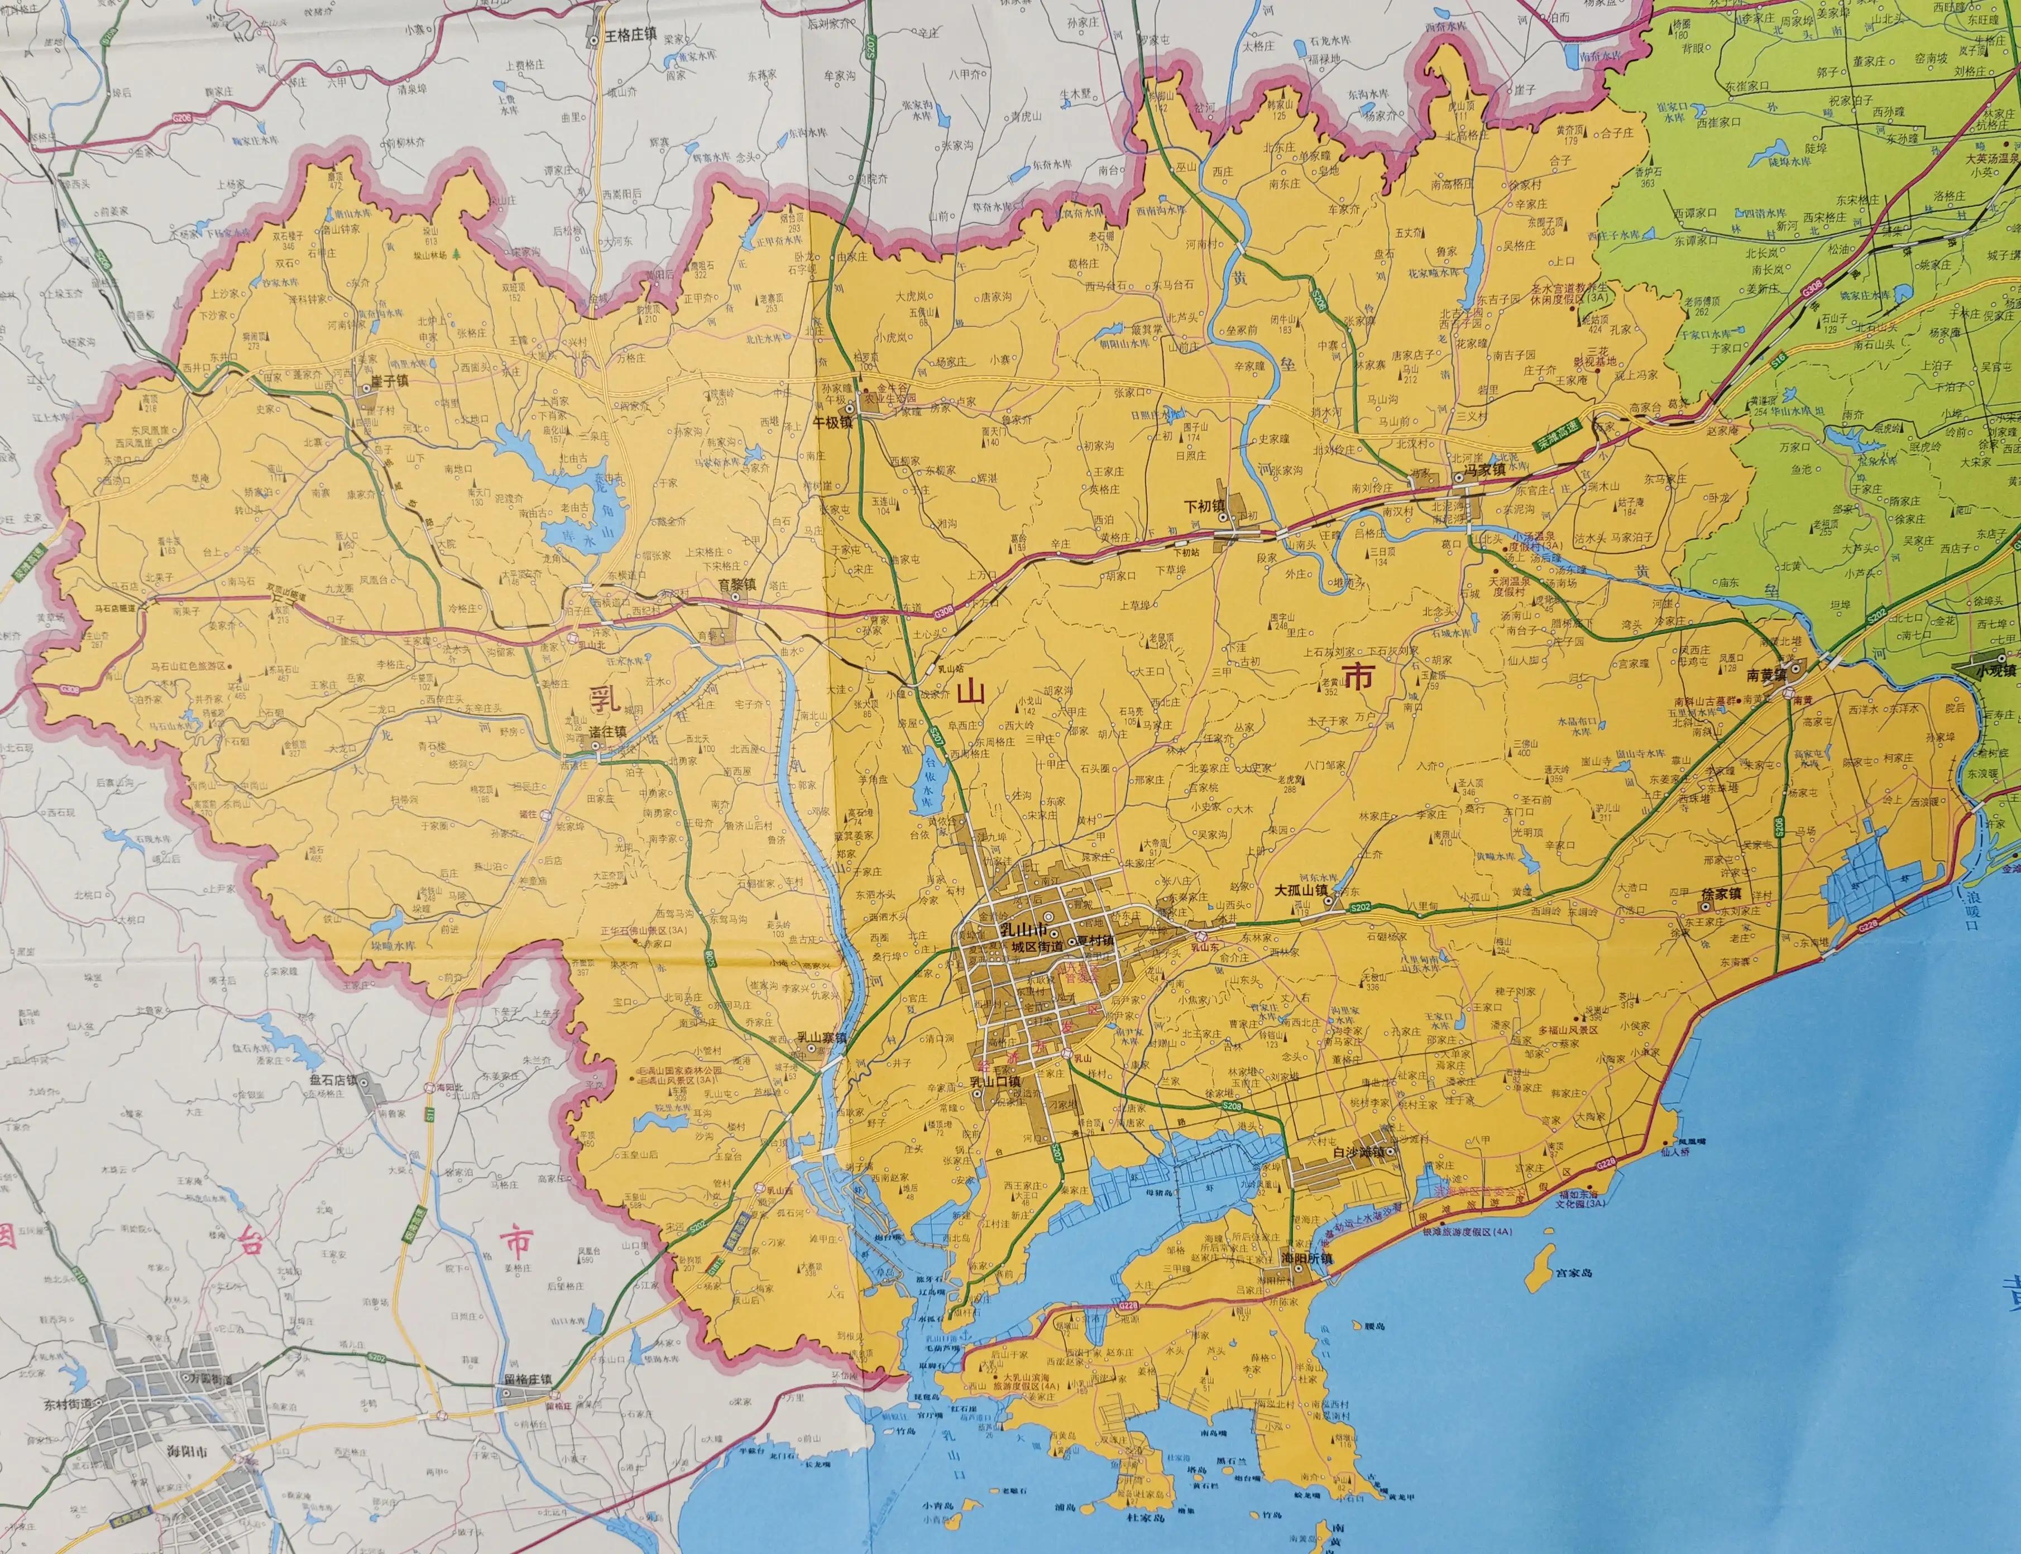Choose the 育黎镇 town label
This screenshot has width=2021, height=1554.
click(x=737, y=584)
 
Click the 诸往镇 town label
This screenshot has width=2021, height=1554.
click(x=607, y=731)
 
